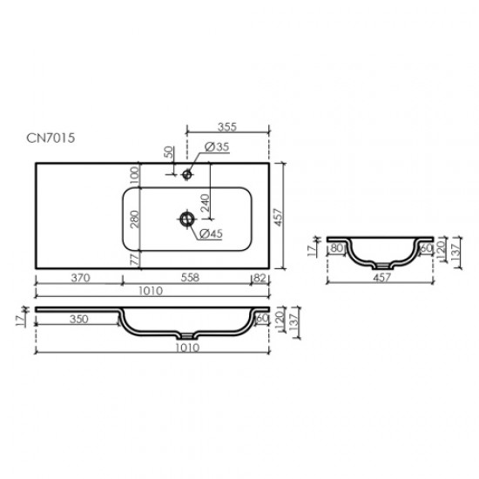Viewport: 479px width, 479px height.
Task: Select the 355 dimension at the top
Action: coord(229,125)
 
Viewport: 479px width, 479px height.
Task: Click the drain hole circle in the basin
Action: coord(186,218)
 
